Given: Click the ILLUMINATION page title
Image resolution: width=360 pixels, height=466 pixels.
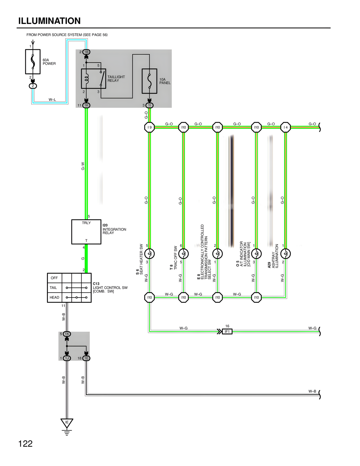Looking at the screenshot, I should (49, 21).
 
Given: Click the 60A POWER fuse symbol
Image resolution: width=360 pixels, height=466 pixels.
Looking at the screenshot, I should (33, 62).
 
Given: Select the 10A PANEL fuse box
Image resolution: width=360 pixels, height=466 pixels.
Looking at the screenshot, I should (149, 81).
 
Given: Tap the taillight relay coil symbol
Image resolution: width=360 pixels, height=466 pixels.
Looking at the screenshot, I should (86, 79).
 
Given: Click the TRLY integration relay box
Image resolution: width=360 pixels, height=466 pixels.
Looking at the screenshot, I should (86, 232).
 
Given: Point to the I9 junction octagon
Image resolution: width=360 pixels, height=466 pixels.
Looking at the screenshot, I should (149, 127).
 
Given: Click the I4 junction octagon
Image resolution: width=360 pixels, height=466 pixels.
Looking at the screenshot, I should (285, 127).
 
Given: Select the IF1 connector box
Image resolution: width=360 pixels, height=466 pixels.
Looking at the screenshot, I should (227, 331).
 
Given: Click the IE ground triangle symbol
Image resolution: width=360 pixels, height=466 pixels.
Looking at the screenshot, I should (67, 423).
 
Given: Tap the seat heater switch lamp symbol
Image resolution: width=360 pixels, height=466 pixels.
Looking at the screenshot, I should (149, 254).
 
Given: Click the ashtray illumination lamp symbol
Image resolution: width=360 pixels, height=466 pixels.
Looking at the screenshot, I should (285, 254).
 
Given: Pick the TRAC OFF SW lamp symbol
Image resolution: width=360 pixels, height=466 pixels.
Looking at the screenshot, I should (183, 254).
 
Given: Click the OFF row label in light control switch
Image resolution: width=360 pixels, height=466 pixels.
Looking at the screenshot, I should (54, 278).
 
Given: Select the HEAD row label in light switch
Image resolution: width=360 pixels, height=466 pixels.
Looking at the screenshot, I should (54, 297).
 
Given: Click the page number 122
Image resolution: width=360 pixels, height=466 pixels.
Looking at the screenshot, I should (25, 444).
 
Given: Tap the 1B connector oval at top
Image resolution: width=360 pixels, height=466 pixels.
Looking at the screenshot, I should (86, 52).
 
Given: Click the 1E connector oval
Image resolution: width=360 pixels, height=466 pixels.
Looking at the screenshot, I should (86, 358).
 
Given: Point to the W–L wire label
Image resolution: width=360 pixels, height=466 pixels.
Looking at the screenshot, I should (52, 100).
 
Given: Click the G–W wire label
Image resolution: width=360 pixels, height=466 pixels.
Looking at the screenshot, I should (83, 166).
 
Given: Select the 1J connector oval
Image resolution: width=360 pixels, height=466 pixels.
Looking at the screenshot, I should (67, 358).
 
